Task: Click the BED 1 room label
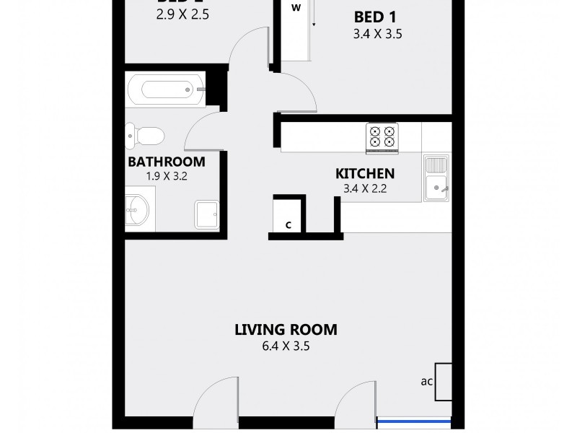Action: [375, 17]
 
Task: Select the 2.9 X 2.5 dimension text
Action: [182, 13]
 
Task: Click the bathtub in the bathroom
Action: [166, 89]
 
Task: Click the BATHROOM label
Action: [166, 162]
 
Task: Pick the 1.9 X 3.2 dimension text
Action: [166, 175]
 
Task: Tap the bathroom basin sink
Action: [137, 210]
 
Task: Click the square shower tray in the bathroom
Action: [206, 213]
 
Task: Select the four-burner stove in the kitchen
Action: [382, 137]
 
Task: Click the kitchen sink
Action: [436, 178]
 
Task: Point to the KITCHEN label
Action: [365, 173]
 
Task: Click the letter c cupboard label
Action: [288, 224]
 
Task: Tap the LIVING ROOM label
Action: [286, 330]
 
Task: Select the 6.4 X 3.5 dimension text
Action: [286, 346]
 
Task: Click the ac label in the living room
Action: [426, 381]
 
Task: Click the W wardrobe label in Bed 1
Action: [296, 9]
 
